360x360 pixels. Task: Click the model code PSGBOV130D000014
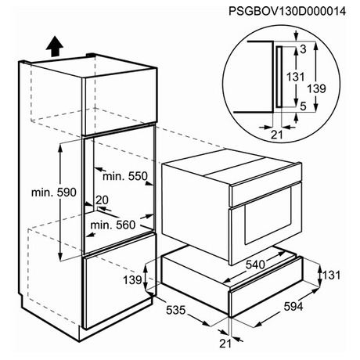coord(287,12)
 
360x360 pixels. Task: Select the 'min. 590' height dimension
coord(54,193)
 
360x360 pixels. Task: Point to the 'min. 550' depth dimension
coord(125,176)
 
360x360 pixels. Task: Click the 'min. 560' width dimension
coord(113,225)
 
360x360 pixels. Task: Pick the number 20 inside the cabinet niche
coord(102,200)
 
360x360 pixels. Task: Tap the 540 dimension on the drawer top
coord(255,265)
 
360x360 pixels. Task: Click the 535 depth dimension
coord(176,310)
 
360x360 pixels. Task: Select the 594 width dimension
coord(293,307)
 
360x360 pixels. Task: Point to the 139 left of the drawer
coord(132,280)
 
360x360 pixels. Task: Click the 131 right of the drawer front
coord(332,275)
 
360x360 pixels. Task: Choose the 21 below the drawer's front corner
coord(225,344)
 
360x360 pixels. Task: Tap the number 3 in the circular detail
coord(303,49)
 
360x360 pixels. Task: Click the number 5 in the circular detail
coord(303,106)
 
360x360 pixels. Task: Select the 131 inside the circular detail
coord(296,77)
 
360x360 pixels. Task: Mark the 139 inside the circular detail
coord(317,89)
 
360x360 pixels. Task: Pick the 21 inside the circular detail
coord(277,135)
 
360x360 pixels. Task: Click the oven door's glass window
coord(268,216)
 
